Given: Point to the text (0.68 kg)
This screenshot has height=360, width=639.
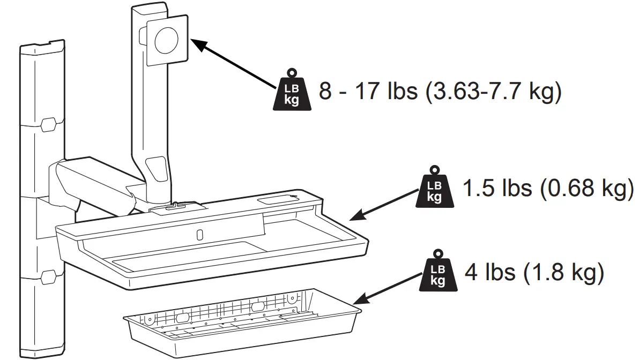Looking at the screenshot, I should coord(587,189).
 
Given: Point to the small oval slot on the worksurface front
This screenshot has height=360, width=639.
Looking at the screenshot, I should coord(199,235).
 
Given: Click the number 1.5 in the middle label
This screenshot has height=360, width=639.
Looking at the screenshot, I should coord(477,189).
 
